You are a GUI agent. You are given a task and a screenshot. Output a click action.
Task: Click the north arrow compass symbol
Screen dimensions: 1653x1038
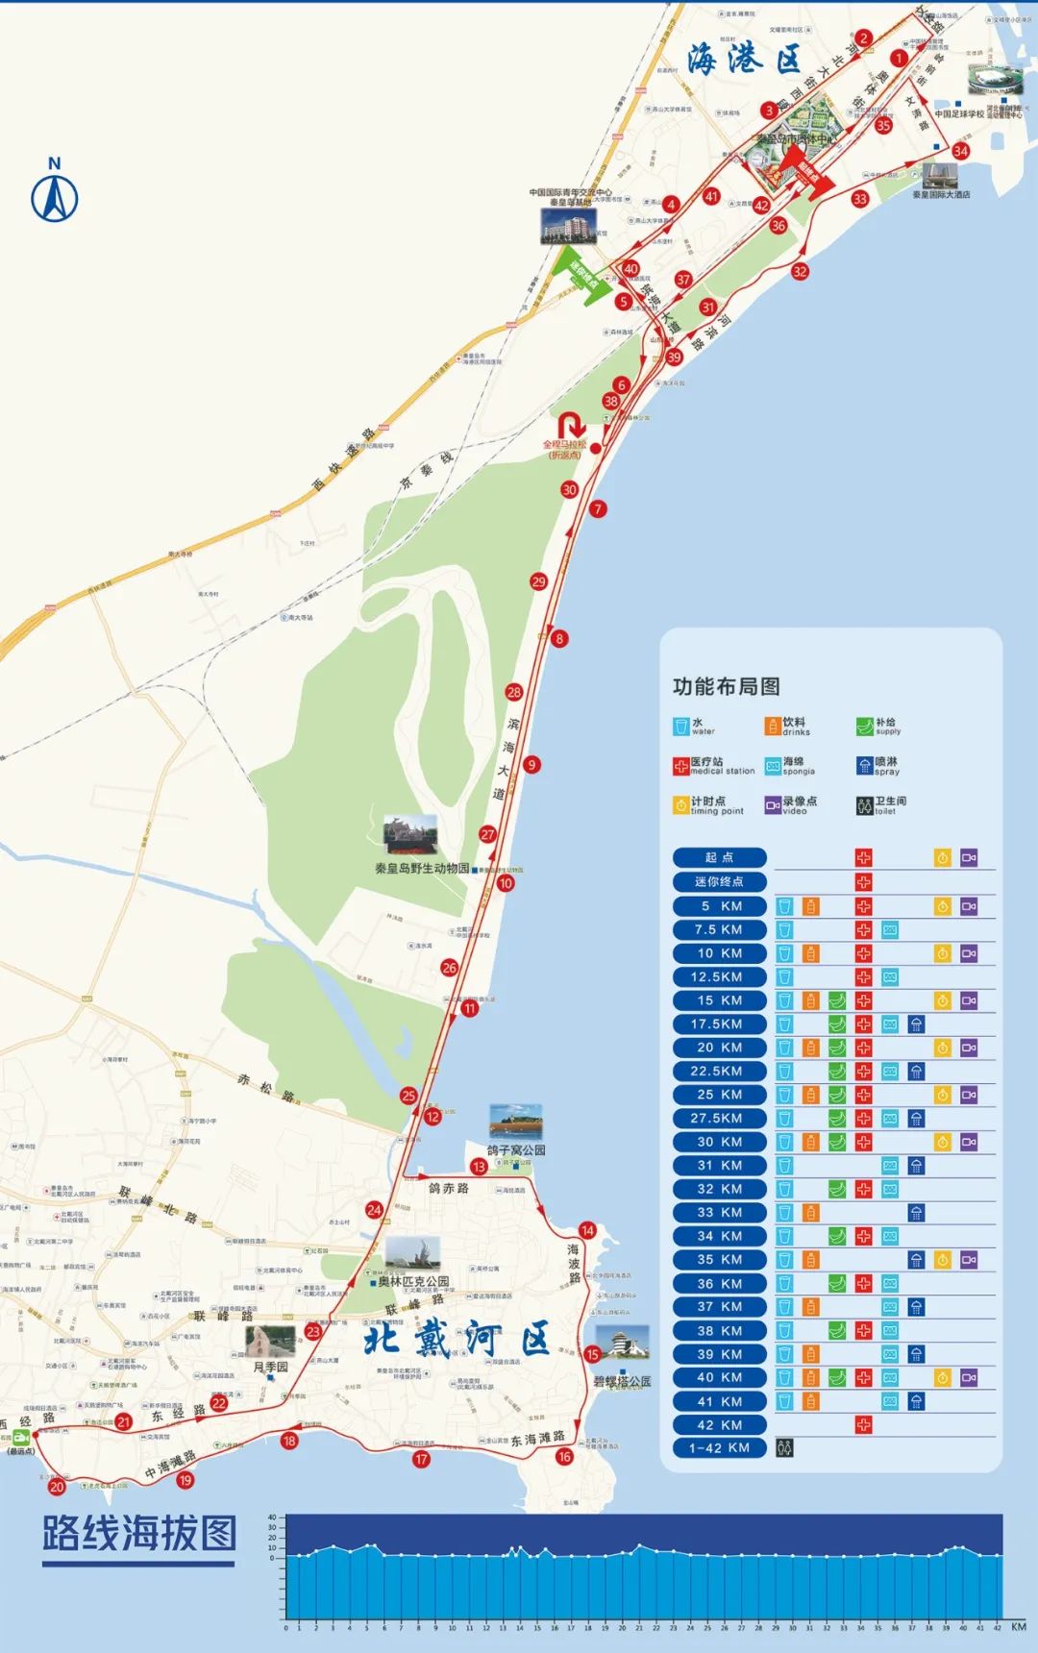tap(55, 196)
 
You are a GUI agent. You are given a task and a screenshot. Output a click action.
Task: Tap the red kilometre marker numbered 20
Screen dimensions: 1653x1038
tap(57, 1487)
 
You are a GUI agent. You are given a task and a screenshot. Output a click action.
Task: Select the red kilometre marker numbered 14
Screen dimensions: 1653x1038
tap(587, 1230)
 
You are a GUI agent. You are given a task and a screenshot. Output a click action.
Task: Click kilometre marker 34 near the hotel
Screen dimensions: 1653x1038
tap(960, 151)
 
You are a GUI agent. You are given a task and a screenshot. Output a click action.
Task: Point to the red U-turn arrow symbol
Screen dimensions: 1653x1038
tap(571, 426)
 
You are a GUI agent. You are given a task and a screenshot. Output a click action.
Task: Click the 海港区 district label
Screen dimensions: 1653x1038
tap(744, 60)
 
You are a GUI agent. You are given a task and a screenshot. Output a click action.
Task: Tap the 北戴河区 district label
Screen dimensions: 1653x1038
tap(457, 1339)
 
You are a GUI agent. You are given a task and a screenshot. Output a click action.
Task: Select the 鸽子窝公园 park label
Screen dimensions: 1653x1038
tap(516, 1149)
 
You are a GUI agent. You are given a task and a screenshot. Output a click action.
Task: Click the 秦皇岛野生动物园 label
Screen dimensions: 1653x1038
tap(422, 868)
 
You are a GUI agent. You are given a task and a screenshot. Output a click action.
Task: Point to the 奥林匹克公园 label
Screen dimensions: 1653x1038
tap(413, 1281)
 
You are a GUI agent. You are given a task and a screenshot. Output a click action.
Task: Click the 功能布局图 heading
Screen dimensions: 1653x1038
tap(726, 686)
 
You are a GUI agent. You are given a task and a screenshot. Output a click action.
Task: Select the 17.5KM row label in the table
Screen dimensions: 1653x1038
tap(719, 1024)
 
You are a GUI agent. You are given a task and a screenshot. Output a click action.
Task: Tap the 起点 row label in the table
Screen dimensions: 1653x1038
tap(719, 857)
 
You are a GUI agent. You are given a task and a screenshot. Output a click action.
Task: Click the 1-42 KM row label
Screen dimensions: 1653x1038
tap(719, 1447)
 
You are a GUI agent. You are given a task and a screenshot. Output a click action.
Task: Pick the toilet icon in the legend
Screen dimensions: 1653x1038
tap(864, 805)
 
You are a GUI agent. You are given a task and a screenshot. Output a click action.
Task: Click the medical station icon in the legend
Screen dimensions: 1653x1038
tap(680, 766)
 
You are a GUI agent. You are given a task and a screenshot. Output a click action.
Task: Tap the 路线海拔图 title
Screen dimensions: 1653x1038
tap(138, 1533)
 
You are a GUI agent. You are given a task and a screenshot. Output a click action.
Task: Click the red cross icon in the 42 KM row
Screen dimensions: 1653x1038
tap(863, 1424)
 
